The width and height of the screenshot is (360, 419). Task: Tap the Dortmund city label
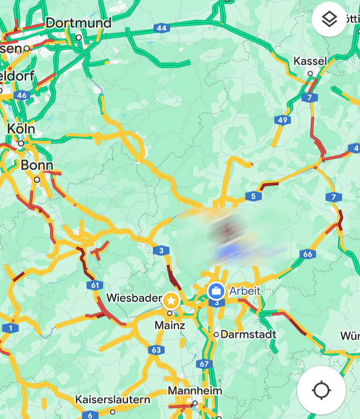79,23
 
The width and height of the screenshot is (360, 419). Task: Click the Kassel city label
310,61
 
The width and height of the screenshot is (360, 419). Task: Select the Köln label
21,129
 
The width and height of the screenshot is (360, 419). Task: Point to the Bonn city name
36,165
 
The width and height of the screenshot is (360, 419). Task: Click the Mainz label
170,326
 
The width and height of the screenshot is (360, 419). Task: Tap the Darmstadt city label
248,334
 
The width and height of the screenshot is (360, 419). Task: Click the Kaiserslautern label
113,400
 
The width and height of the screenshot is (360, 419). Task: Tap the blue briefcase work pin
216,291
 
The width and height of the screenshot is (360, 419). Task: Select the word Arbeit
245,291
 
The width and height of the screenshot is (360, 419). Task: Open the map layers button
329,19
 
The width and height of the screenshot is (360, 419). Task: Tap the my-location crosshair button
321,390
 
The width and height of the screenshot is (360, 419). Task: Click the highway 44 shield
162,28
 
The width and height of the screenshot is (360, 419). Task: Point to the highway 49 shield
282,120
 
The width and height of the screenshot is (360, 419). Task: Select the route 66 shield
308,254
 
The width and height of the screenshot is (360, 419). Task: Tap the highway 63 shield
156,350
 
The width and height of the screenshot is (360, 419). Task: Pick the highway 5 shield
253,196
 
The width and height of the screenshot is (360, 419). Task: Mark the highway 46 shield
21,95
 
